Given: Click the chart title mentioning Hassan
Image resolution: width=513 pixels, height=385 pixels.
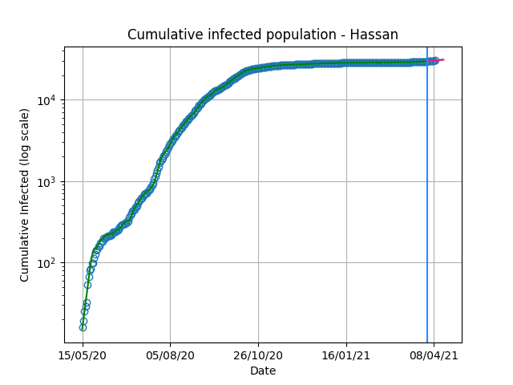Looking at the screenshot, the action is pyautogui.click(x=263, y=34).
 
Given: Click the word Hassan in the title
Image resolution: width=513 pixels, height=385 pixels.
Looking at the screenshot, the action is pyautogui.click(x=374, y=34).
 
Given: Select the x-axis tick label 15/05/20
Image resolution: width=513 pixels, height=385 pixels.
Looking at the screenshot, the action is pyautogui.click(x=83, y=355).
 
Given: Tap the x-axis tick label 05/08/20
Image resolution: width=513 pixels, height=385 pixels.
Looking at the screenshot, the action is pyautogui.click(x=170, y=355).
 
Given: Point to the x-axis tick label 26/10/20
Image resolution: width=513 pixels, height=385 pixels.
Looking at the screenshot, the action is pyautogui.click(x=258, y=355).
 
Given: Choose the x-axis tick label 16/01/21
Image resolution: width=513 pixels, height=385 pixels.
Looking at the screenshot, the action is pyautogui.click(x=346, y=355).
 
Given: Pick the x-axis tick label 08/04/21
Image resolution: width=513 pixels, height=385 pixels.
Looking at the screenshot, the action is pyautogui.click(x=434, y=355).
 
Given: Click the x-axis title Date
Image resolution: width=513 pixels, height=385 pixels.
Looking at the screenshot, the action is pyautogui.click(x=263, y=371).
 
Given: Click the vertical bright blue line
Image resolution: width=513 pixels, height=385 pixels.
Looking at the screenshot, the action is pyautogui.click(x=427, y=195).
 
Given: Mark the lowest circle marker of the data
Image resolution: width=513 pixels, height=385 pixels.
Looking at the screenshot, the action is pyautogui.click(x=83, y=327).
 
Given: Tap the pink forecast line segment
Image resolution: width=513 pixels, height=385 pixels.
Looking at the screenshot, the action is pyautogui.click(x=436, y=60).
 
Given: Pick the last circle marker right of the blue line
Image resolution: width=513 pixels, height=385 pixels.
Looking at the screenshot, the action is pyautogui.click(x=435, y=60).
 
